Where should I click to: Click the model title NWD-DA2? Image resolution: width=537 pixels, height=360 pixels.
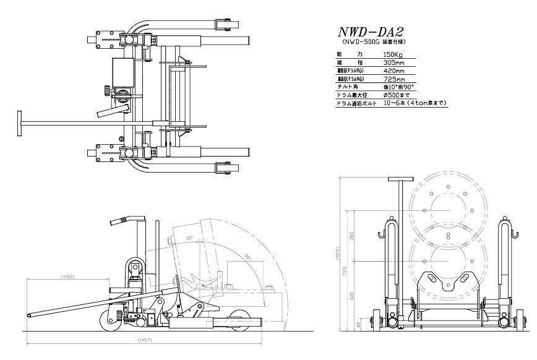[x=370, y=32]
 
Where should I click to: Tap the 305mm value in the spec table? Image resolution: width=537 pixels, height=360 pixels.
[x=393, y=63]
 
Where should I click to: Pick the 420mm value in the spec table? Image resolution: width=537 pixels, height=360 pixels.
[x=394, y=71]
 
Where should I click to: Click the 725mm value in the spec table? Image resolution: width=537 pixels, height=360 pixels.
[x=394, y=79]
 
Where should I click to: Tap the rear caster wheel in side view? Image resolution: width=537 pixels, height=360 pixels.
[x=110, y=321]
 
